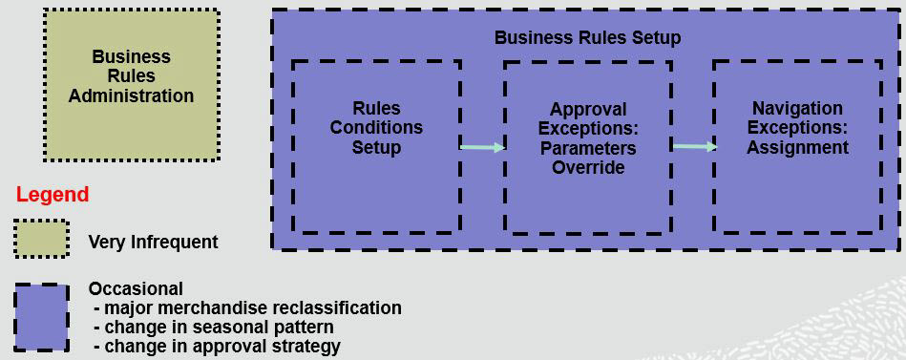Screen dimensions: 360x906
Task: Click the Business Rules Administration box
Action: click(x=131, y=84)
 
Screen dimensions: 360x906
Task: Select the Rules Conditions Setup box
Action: click(x=376, y=145)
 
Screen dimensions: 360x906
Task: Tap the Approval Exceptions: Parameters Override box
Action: click(x=588, y=147)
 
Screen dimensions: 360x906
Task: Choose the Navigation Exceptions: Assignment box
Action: click(x=797, y=145)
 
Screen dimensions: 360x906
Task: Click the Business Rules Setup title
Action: click(x=587, y=38)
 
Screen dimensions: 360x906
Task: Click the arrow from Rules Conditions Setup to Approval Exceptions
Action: click(x=482, y=147)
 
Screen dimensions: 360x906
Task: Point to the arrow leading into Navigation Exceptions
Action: click(x=694, y=147)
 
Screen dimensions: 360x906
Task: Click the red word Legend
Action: click(x=53, y=195)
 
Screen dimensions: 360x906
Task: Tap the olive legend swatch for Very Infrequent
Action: click(x=42, y=240)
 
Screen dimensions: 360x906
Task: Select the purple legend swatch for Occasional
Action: click(x=42, y=317)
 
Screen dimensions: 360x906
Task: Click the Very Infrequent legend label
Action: click(x=153, y=242)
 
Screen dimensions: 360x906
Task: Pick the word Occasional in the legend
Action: click(x=136, y=288)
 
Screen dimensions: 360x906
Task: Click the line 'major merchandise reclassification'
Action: click(x=248, y=307)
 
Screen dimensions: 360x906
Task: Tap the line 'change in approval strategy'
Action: click(x=218, y=346)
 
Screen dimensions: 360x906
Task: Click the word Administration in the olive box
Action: click(x=131, y=96)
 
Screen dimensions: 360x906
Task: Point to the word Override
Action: click(x=588, y=168)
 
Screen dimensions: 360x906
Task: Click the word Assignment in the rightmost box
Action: click(x=797, y=148)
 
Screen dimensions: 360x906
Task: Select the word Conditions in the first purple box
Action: click(x=376, y=127)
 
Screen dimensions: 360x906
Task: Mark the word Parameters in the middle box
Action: click(x=588, y=148)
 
